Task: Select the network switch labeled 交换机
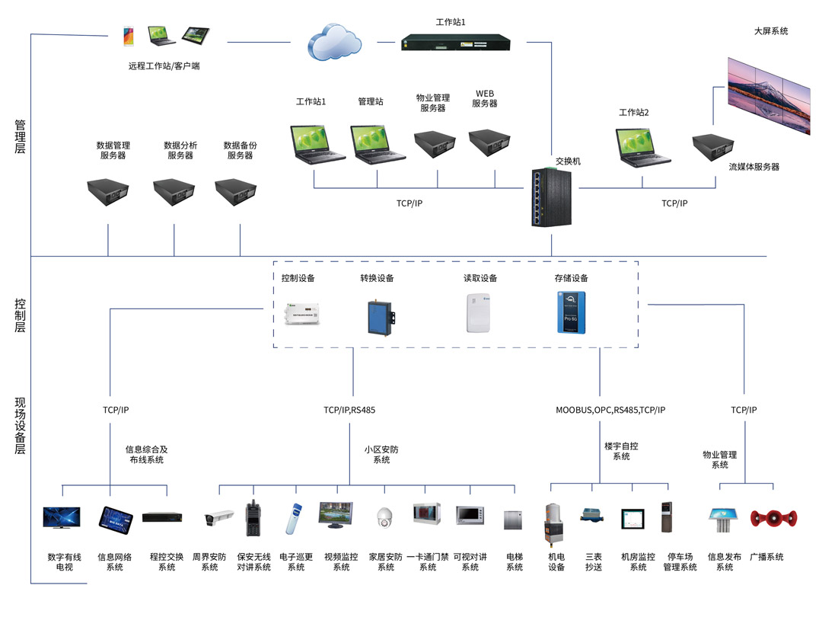pyautogui.click(x=550, y=196)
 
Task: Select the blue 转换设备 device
pyautogui.click(x=378, y=315)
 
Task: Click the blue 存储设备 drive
pyautogui.click(x=571, y=312)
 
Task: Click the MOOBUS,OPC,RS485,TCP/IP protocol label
pyautogui.click(x=610, y=410)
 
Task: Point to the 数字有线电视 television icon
pyautogui.click(x=62, y=519)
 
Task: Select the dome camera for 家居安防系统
pyautogui.click(x=383, y=518)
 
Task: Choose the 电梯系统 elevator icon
pyautogui.click(x=513, y=519)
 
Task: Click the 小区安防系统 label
pyautogui.click(x=381, y=455)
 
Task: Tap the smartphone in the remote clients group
pyautogui.click(x=129, y=35)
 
